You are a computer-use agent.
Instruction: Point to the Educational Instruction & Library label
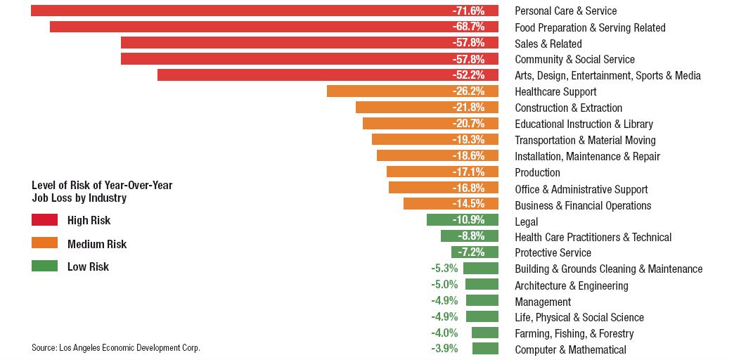pyautogui.click(x=584, y=124)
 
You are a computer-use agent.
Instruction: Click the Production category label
pyautogui.click(x=537, y=172)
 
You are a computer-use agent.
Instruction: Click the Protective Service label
pyautogui.click(x=553, y=252)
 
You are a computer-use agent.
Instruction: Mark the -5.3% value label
pyautogui.click(x=444, y=268)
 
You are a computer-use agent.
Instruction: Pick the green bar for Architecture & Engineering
pyautogui.click(x=482, y=285)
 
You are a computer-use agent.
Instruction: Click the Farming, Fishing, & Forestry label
pyautogui.click(x=574, y=333)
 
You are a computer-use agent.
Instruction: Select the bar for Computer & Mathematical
pyautogui.click(x=485, y=349)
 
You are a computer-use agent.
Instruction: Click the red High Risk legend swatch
pyautogui.click(x=44, y=220)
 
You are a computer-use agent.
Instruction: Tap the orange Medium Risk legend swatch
pyautogui.click(x=44, y=243)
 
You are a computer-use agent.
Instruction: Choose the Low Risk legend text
pyautogui.click(x=88, y=266)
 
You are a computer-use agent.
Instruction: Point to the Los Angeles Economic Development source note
pyautogui.click(x=116, y=347)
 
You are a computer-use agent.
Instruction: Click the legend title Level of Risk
pyautogui.click(x=102, y=191)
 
